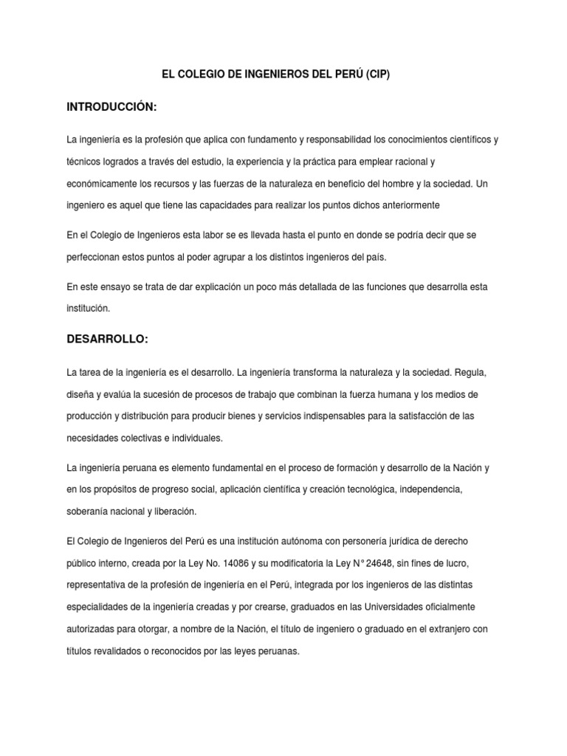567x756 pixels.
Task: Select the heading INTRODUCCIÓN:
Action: coord(112,108)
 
